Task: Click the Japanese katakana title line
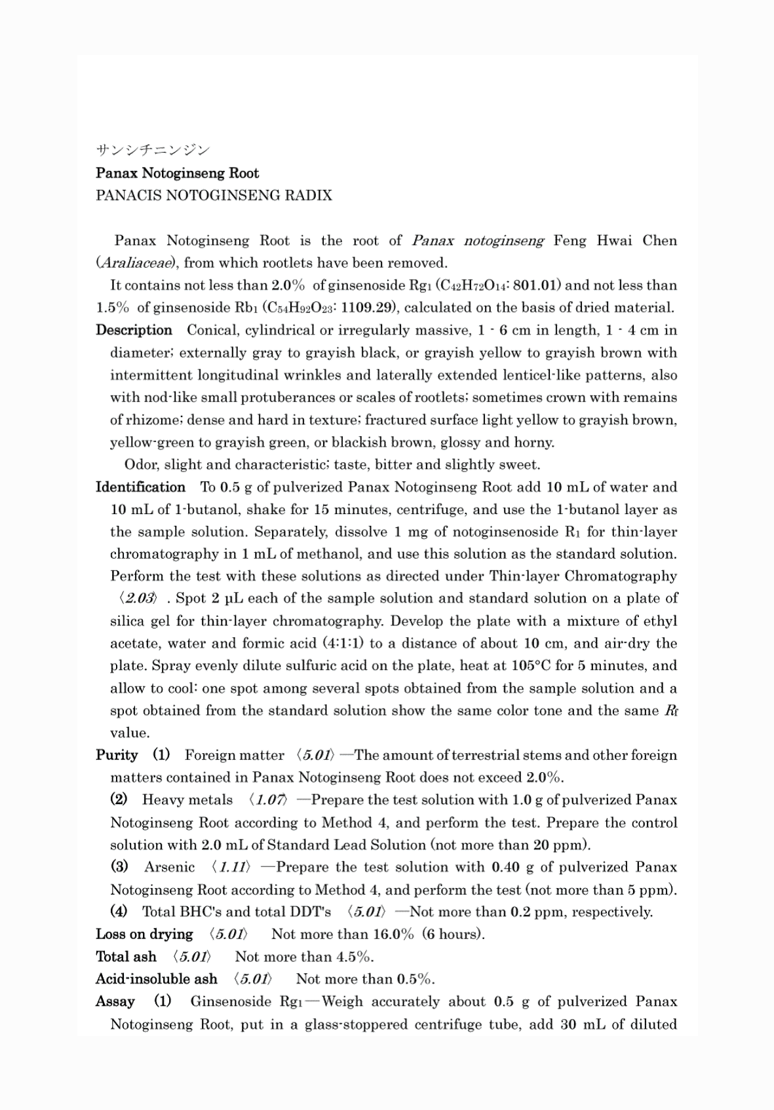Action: (x=153, y=151)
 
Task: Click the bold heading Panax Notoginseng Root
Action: (x=177, y=174)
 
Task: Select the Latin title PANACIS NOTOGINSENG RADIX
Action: (x=214, y=196)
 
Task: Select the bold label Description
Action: (x=134, y=330)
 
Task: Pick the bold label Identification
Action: (x=140, y=487)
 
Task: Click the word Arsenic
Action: (x=170, y=868)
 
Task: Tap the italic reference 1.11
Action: (x=233, y=868)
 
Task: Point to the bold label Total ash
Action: (x=126, y=957)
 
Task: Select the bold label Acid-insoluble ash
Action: (x=156, y=979)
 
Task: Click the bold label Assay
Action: (x=115, y=1002)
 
